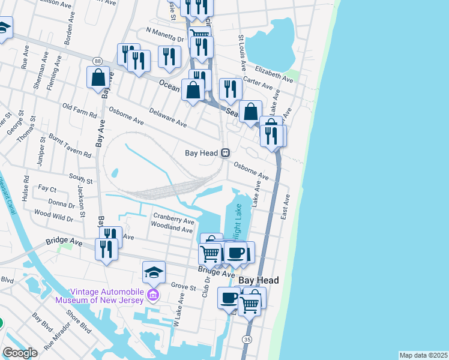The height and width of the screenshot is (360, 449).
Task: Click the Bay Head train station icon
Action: point(225,153)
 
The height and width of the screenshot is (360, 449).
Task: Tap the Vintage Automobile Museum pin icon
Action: point(152,295)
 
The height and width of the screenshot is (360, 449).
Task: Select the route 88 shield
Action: point(97,61)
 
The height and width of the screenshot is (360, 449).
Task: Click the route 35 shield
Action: point(247,340)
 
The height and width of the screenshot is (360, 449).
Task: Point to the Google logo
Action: point(20,353)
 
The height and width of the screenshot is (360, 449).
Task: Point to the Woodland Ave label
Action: point(172,228)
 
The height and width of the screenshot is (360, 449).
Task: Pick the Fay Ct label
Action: point(47,188)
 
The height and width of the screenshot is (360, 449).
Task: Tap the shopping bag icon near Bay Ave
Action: point(98,79)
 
